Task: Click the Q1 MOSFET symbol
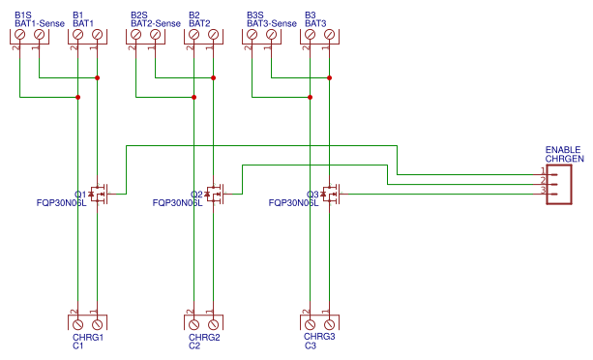pos(98,194)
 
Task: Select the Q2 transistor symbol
pos(214,194)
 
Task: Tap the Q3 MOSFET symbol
pos(330,194)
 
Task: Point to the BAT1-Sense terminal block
pos(29,35)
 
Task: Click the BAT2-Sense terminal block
pos(145,35)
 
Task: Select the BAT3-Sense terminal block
pos(261,35)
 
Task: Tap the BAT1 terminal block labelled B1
pos(87,35)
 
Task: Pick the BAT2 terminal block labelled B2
pos(203,35)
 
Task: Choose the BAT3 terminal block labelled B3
pos(319,35)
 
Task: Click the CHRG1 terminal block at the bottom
pos(87,322)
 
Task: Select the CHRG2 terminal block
pos(203,322)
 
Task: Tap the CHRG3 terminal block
pos(319,322)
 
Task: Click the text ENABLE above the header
pos(563,149)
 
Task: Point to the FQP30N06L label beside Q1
pos(61,204)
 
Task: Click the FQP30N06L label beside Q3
pos(293,204)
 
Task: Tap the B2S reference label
pos(139,15)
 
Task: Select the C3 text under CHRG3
pos(310,345)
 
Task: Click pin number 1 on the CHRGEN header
pos(543,172)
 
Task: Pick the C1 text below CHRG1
pos(77,345)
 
